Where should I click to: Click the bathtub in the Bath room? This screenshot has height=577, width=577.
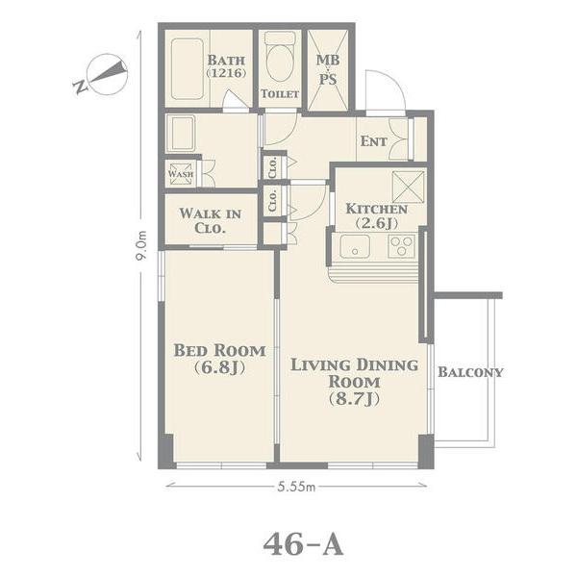click(x=188, y=69)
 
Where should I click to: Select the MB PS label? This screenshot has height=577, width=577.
click(x=328, y=69)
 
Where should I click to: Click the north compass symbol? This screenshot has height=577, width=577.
click(x=104, y=74)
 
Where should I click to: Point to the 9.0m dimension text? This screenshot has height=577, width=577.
click(x=141, y=245)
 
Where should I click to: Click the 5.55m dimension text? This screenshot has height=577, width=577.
click(x=296, y=487)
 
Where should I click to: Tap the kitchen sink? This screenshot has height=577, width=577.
click(x=355, y=246)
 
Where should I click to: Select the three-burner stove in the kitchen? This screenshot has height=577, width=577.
click(x=401, y=246)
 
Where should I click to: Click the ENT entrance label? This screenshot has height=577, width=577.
click(x=373, y=141)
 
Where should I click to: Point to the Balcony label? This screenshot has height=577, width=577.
click(x=470, y=372)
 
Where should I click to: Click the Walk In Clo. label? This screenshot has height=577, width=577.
click(x=210, y=221)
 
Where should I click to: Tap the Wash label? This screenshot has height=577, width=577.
click(x=181, y=174)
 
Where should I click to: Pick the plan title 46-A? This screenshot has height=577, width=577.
click(x=304, y=544)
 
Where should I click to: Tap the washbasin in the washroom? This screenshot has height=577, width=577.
click(x=181, y=134)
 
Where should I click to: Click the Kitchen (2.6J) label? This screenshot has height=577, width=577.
click(x=377, y=216)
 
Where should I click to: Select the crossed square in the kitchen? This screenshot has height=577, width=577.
click(x=408, y=188)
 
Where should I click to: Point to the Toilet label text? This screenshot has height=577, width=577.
click(x=280, y=94)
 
